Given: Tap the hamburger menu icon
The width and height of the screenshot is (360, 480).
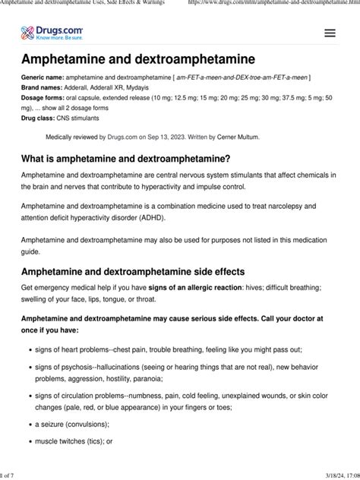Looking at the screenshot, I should pos(330,33).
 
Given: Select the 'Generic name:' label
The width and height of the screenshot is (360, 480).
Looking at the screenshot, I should pos(43,78).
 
